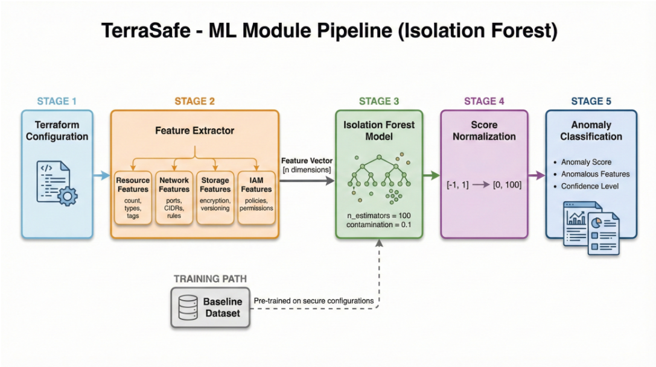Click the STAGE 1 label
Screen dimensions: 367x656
pyautogui.click(x=57, y=101)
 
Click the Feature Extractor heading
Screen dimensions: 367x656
pyautogui.click(x=194, y=130)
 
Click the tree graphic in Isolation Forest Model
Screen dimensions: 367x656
pyautogui.click(x=378, y=178)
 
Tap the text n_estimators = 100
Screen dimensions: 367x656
pyautogui.click(x=378, y=215)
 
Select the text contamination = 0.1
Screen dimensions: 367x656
pyautogui.click(x=378, y=225)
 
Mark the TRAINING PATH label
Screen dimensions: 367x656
pyautogui.click(x=210, y=279)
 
